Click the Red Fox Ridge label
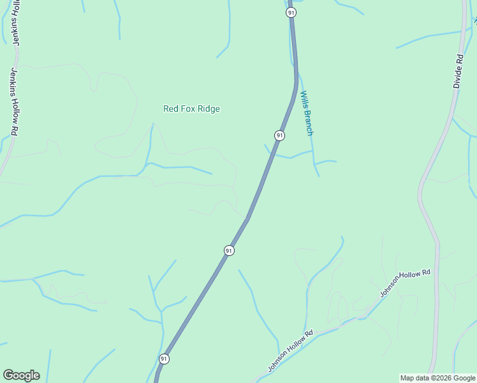click(x=191, y=109)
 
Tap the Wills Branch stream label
click(x=306, y=113)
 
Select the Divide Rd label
click(x=458, y=71)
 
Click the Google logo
click(x=21, y=375)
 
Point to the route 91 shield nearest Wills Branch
click(x=279, y=135)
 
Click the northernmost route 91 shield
click(x=291, y=13)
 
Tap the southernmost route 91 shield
click(x=165, y=359)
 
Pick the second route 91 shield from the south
click(x=229, y=251)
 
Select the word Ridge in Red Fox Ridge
click(x=208, y=109)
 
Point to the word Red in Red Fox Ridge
click(x=170, y=109)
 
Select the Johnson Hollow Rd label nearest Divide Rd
click(x=406, y=283)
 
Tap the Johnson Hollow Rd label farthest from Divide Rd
click(x=291, y=350)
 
